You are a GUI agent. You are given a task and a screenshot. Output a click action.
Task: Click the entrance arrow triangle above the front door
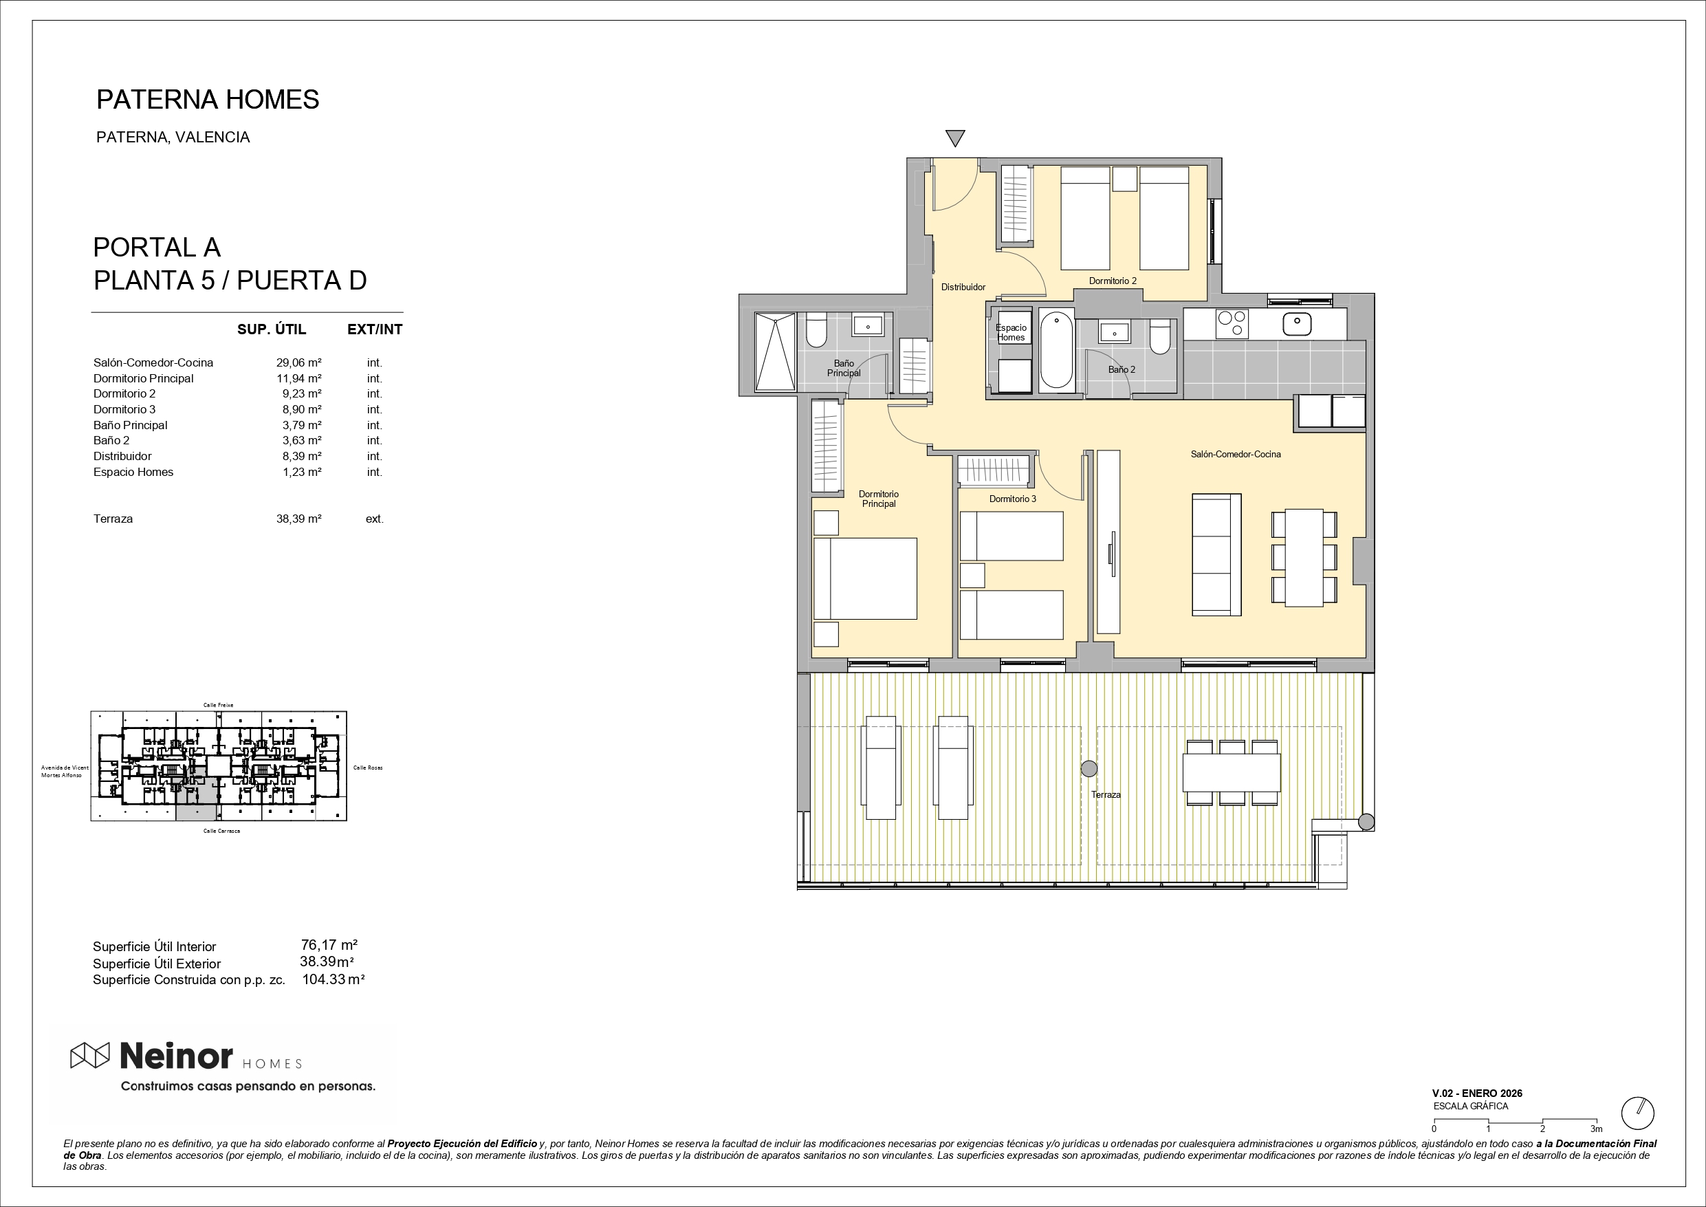tap(955, 138)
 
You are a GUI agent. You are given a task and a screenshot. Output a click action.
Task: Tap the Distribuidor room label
tap(963, 287)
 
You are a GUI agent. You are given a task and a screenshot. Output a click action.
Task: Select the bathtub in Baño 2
tap(1056, 350)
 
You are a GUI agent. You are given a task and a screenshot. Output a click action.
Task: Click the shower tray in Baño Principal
tap(775, 351)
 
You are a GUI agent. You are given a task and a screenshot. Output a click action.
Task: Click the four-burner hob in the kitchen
tap(1232, 324)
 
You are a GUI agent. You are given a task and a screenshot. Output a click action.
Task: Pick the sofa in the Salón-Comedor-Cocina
tap(1216, 554)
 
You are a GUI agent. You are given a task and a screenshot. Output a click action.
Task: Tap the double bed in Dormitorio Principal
tap(866, 578)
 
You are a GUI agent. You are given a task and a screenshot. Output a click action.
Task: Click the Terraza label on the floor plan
tap(1106, 794)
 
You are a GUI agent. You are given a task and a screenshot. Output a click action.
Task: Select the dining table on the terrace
tap(1232, 773)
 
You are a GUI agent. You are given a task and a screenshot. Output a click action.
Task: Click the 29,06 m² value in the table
tap(298, 362)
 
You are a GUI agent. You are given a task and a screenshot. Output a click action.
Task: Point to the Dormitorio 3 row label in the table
tap(124, 409)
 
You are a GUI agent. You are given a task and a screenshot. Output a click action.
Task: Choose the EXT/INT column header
tap(375, 329)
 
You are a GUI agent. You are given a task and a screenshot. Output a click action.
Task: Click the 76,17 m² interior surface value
tap(329, 946)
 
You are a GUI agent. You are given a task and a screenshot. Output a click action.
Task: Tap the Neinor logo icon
tap(89, 1056)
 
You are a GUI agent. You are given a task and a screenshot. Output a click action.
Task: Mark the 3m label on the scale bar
tap(1596, 1129)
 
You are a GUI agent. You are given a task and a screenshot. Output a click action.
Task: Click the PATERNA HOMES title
tap(208, 100)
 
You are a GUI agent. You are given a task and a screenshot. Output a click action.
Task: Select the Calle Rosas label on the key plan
tap(368, 768)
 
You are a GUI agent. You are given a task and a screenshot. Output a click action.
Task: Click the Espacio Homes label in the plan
tap(1011, 332)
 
